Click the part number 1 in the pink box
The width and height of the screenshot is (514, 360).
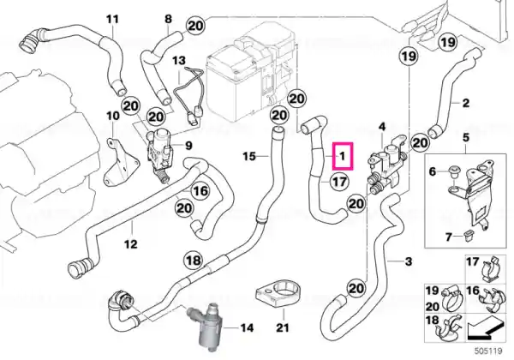[x=342, y=156]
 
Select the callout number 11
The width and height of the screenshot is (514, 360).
[x=112, y=20]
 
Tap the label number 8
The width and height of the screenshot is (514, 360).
[x=168, y=19]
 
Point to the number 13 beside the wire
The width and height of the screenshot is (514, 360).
[x=179, y=60]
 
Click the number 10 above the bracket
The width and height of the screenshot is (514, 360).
[x=113, y=116]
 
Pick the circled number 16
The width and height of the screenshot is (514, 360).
[x=200, y=190]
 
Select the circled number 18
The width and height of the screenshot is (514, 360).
[x=194, y=261]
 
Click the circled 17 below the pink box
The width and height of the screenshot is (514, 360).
[x=339, y=181]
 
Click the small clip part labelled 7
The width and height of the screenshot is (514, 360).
[x=467, y=236]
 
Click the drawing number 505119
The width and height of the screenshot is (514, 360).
[x=488, y=351]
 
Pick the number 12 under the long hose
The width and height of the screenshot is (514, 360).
[x=130, y=244]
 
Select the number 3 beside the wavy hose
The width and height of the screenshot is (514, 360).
[x=409, y=261]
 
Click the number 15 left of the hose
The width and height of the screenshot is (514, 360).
[x=249, y=156]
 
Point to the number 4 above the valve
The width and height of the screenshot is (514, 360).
[x=382, y=127]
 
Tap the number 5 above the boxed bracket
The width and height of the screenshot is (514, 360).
[x=466, y=138]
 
